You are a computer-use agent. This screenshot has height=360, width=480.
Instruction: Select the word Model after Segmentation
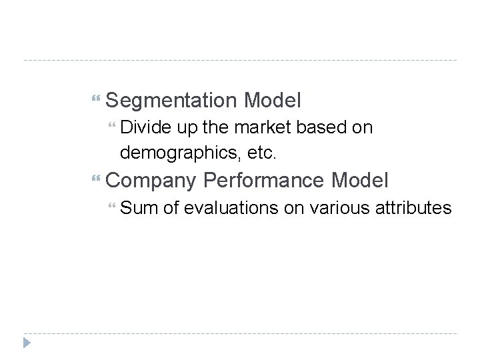273,101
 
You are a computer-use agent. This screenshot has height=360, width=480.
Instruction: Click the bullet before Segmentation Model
97,101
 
